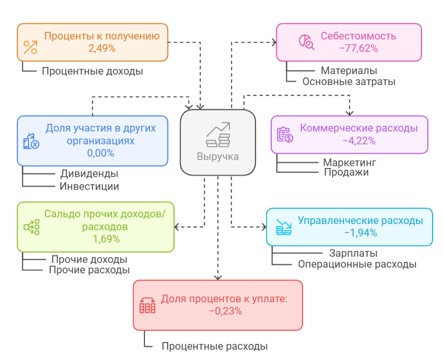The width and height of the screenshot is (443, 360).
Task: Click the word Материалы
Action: point(349,71)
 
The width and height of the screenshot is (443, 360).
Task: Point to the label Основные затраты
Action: point(349,82)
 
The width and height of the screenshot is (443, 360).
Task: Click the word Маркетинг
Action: point(349,163)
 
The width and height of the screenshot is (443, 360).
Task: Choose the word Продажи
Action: point(346,172)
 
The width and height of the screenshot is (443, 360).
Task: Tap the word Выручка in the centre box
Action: point(218,157)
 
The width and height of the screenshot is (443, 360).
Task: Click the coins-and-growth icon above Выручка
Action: point(218,134)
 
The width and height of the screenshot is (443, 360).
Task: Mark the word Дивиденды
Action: point(89,174)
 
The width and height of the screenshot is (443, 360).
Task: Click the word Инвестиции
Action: point(89,186)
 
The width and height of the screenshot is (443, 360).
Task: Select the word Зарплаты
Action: point(353,253)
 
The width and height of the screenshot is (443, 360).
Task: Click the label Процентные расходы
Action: point(214,346)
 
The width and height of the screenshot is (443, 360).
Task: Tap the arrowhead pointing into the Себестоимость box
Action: point(273,42)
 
